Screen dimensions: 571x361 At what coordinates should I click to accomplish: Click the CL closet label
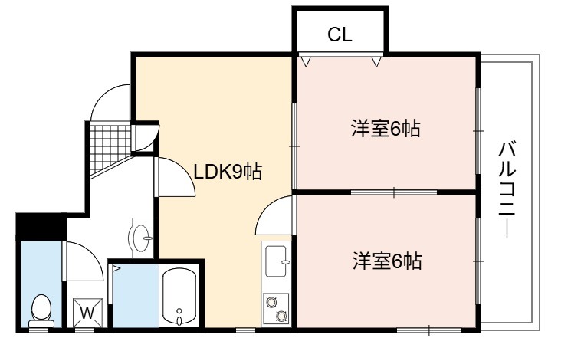click(x=340, y=34)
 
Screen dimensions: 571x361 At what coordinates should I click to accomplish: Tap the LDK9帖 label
click(x=228, y=172)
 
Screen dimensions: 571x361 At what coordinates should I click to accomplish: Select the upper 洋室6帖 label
click(x=386, y=129)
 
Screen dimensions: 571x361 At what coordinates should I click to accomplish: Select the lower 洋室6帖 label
click(x=387, y=261)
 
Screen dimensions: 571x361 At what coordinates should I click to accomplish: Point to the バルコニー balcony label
click(x=507, y=190)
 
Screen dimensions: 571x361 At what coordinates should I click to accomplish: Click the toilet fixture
click(x=41, y=310)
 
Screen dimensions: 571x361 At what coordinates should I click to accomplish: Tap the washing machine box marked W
click(x=87, y=313)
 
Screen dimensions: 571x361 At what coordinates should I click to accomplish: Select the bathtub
click(x=179, y=296)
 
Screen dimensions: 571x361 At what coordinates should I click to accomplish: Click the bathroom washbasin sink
click(x=140, y=238)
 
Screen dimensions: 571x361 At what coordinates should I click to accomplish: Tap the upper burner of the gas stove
click(x=271, y=302)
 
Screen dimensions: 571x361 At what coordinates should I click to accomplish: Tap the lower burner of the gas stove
click(x=281, y=316)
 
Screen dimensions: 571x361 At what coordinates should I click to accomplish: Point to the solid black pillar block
click(x=41, y=227)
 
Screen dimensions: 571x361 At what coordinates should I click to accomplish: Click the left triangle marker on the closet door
click(x=305, y=61)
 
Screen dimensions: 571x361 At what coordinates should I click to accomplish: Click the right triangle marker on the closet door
click(x=376, y=61)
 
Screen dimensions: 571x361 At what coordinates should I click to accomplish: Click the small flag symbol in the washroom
click(x=116, y=270)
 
